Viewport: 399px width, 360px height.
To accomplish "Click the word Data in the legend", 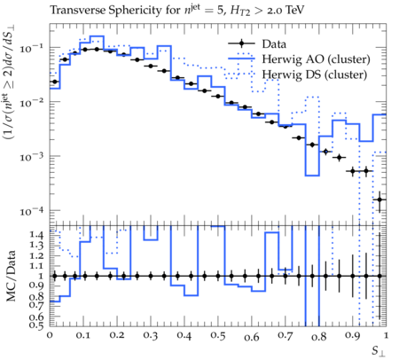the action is (274, 44).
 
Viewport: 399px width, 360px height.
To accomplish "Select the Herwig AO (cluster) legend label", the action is (316, 59).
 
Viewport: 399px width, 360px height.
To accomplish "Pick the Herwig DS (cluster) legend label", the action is (315, 74).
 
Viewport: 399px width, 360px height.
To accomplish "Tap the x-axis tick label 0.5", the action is (218, 336).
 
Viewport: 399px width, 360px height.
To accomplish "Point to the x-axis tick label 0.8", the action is (319, 336).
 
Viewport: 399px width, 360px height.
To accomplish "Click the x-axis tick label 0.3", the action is (151, 336).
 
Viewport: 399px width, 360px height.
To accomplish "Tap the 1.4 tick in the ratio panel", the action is (36, 235).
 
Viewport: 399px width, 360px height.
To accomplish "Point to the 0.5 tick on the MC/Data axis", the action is (36, 325).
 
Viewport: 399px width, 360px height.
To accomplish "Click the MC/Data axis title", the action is (11, 276).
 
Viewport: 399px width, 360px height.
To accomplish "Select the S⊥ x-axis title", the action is (379, 351).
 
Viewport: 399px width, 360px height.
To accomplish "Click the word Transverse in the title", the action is (77, 11).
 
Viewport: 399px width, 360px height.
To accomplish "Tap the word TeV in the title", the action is (294, 11).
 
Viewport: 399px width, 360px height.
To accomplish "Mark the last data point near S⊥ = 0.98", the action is (379, 200).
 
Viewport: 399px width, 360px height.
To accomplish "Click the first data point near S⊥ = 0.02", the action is (55, 82).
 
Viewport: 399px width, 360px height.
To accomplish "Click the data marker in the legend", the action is (241, 43).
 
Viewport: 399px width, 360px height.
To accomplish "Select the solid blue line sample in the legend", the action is (241, 59).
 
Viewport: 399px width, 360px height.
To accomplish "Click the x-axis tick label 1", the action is (386, 336).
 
